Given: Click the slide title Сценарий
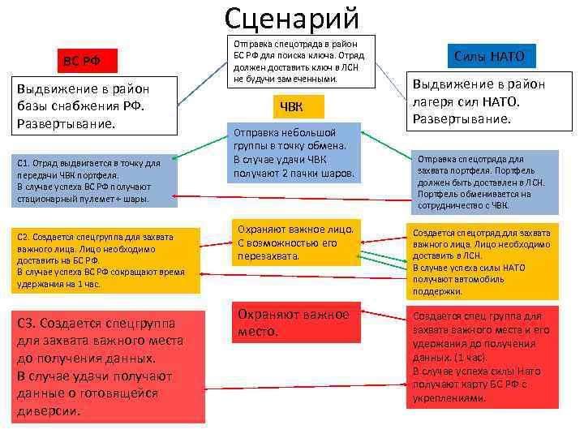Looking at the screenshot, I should tap(291, 18).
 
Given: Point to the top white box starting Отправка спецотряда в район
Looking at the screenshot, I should tap(299, 61).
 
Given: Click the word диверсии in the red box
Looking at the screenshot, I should tap(48, 411).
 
